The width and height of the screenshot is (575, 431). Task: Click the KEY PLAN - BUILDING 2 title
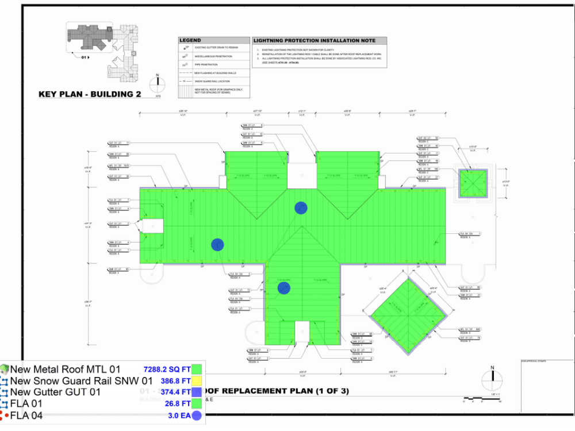pyautogui.click(x=89, y=94)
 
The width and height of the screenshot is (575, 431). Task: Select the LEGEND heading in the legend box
pyautogui.click(x=190, y=41)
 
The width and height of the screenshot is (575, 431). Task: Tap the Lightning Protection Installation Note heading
pyautogui.click(x=319, y=41)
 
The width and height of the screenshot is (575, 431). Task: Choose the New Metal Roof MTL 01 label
pyautogui.click(x=66, y=370)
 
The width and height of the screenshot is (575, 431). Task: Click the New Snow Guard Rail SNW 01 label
pyautogui.click(x=81, y=380)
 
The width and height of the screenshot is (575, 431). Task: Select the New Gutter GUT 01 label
pyautogui.click(x=55, y=392)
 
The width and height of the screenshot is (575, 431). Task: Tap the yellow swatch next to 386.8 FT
pyautogui.click(x=197, y=380)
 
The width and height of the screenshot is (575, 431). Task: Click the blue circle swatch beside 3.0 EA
pyautogui.click(x=197, y=415)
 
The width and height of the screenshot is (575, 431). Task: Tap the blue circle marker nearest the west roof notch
pyautogui.click(x=217, y=245)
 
